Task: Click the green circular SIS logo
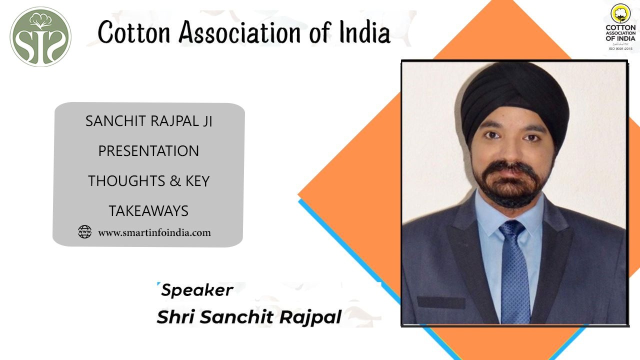(40, 36)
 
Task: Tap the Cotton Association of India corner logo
(620, 27)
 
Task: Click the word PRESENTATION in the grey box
(148, 151)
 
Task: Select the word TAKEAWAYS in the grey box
(148, 211)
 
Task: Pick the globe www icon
(84, 232)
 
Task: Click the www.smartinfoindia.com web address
(154, 232)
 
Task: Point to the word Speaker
(197, 290)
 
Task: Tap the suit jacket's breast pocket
(441, 302)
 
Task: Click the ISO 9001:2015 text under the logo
(620, 48)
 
